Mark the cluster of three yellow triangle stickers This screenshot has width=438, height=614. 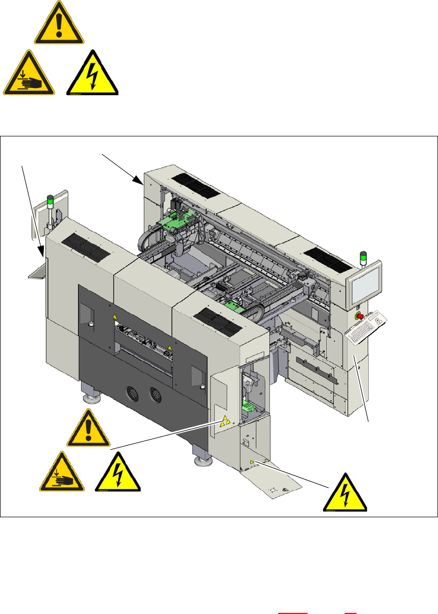224,422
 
